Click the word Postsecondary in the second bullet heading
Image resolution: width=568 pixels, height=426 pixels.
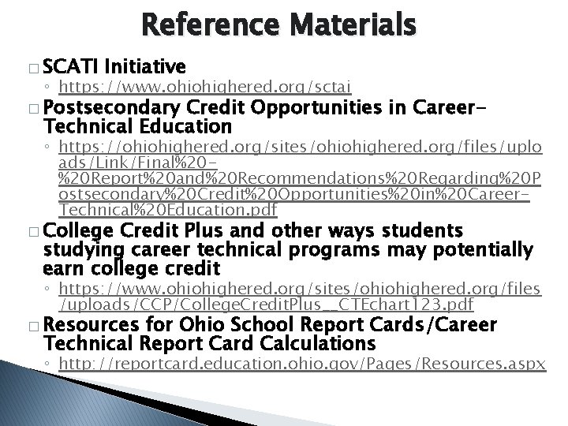(112, 108)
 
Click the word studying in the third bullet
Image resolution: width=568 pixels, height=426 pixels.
(79, 252)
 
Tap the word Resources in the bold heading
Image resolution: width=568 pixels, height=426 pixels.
(89, 324)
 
